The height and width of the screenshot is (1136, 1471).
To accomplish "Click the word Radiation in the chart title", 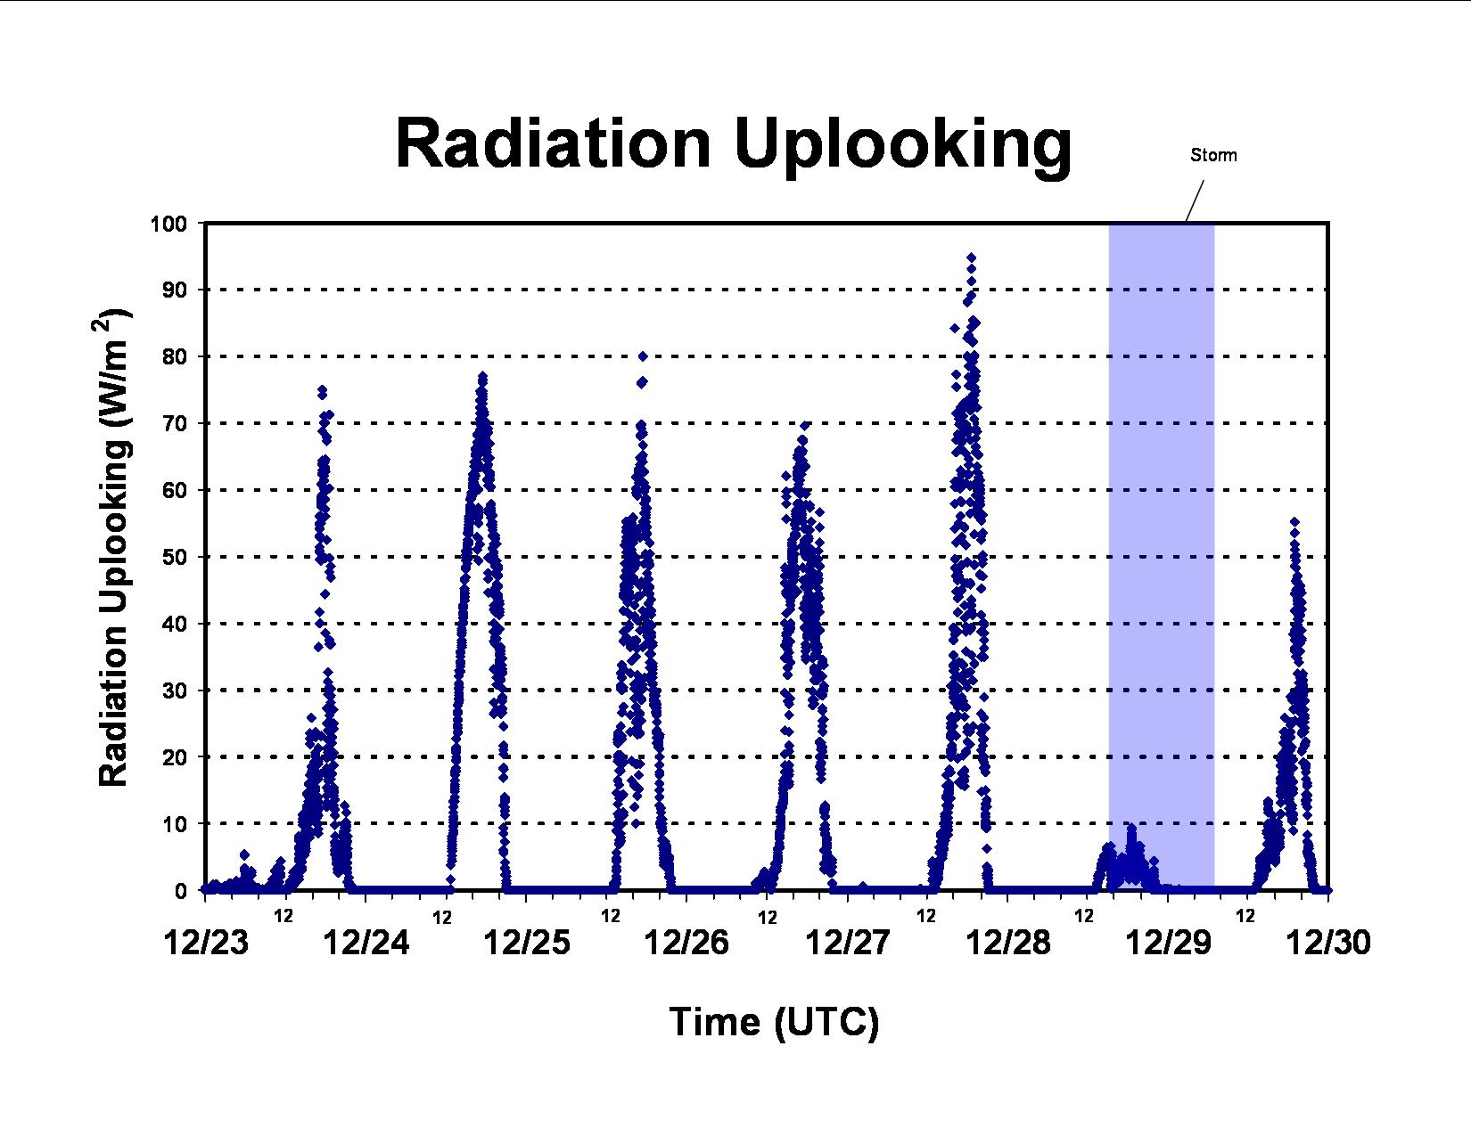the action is tap(553, 144).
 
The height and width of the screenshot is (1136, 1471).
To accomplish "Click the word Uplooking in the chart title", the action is tap(904, 149).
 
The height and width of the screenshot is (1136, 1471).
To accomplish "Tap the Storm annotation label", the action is tap(1213, 155).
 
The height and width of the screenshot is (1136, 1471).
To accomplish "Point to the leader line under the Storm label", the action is tap(1195, 201).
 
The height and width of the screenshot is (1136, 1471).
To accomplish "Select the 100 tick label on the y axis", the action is tap(168, 224).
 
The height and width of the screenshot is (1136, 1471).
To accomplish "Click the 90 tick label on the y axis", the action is tap(175, 290).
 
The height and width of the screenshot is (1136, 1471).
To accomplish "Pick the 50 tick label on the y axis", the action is tap(175, 558).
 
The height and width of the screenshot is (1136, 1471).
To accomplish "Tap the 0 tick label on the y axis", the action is tap(181, 891).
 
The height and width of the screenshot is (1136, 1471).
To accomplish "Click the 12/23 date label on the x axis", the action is tap(207, 943).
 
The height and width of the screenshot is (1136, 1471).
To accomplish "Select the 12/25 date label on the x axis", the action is tap(527, 943).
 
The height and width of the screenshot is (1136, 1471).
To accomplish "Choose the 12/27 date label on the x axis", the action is tap(848, 943).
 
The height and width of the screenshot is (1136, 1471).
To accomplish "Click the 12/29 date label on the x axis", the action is tap(1168, 943).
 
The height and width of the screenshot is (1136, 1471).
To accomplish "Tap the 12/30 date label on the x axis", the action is tap(1328, 943).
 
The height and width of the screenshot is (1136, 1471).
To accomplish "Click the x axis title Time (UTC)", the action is tap(774, 1022).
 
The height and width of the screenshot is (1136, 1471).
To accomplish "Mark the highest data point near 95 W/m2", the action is tap(972, 257).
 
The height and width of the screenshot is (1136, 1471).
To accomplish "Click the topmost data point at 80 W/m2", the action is tap(643, 356).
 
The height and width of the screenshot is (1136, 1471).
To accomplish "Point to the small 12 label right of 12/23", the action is tap(284, 917).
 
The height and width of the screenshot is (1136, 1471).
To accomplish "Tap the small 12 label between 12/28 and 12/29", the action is tap(1084, 917).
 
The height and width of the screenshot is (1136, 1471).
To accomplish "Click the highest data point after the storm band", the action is tap(1294, 521).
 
